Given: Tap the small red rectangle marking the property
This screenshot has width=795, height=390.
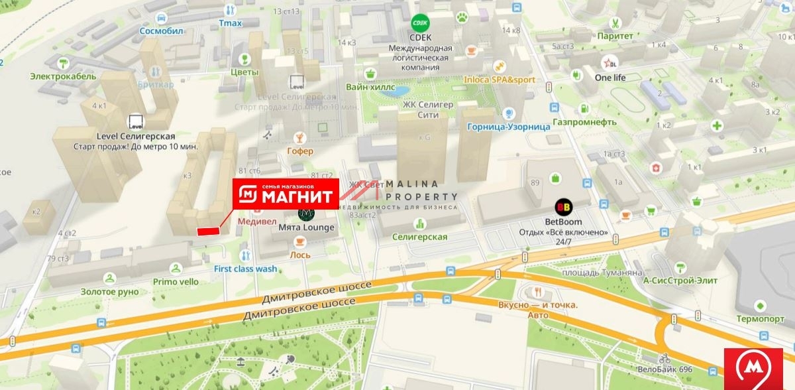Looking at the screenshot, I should [x=208, y=231].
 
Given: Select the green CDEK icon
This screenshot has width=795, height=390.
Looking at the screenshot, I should [x=419, y=23].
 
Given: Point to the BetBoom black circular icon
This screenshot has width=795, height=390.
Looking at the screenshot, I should [x=563, y=207].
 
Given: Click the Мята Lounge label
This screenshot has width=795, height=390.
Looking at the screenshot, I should [x=306, y=227].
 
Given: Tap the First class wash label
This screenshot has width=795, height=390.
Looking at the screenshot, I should [x=245, y=269].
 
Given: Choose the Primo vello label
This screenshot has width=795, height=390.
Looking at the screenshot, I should [x=176, y=281].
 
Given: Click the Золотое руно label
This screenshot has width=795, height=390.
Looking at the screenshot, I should [x=110, y=291].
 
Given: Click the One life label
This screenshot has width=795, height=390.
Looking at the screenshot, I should [x=609, y=77].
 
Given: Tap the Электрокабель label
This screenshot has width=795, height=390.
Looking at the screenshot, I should [x=63, y=76].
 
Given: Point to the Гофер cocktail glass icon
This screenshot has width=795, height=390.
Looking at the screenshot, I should [x=300, y=137].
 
